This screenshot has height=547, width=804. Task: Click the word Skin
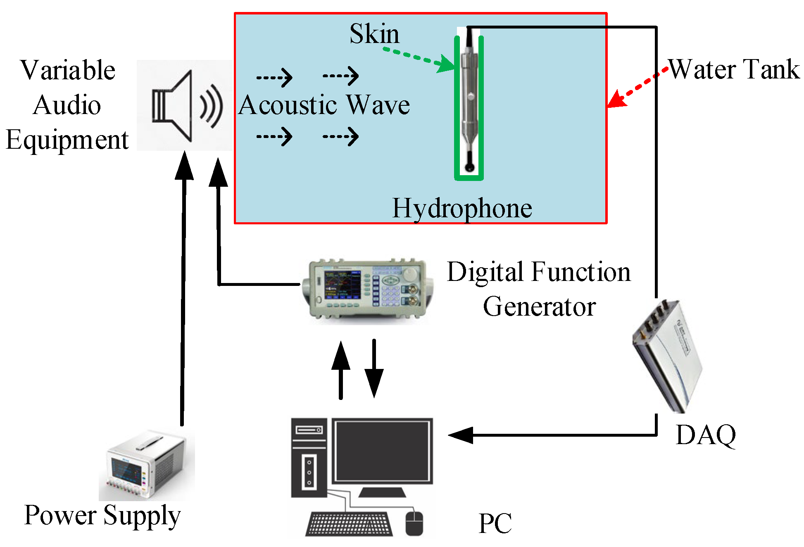pyautogui.click(x=374, y=33)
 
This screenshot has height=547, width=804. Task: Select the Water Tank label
pyautogui.click(x=734, y=69)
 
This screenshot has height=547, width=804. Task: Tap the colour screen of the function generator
pyautogui.click(x=342, y=285)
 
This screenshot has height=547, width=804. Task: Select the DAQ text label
pyautogui.click(x=706, y=435)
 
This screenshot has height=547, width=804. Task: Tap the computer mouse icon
pyautogui.click(x=414, y=523)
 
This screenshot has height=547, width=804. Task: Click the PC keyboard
pyautogui.click(x=350, y=524)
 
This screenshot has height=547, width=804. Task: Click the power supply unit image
pyautogui.click(x=145, y=467)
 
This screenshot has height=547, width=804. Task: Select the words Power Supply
pyautogui.click(x=102, y=516)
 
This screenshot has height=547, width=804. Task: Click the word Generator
pyautogui.click(x=539, y=307)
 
